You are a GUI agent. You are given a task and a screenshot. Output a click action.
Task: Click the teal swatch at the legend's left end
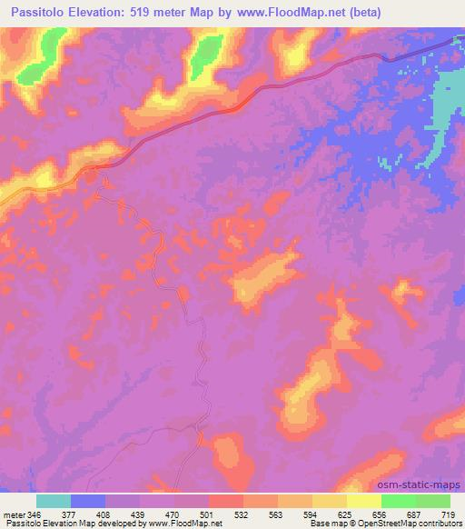(54, 501)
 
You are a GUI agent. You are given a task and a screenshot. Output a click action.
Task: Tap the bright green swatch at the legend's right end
(432, 501)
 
